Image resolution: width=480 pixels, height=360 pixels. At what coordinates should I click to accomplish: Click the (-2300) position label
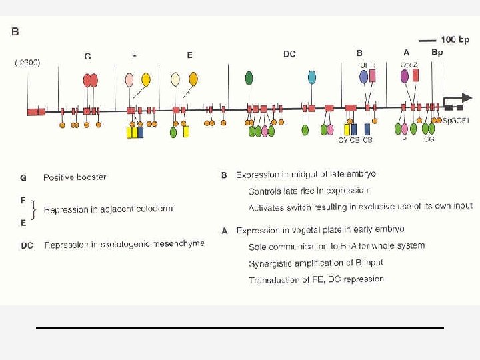(27, 63)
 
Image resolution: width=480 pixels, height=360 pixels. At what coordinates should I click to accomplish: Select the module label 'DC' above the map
(289, 54)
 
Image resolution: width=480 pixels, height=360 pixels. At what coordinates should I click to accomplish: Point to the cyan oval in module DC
(312, 77)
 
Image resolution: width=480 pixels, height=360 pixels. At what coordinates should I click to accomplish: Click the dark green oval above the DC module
(249, 78)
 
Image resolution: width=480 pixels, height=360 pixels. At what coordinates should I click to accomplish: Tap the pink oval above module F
(129, 80)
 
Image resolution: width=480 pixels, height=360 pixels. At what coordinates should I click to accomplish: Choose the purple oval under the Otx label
(405, 76)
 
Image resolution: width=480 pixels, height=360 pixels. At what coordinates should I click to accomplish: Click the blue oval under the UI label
(363, 77)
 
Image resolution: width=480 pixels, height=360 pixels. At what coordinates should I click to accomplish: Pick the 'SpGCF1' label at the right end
(457, 121)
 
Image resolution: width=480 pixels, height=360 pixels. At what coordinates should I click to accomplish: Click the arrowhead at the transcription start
(467, 97)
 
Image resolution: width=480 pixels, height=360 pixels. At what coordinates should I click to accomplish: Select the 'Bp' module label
(437, 51)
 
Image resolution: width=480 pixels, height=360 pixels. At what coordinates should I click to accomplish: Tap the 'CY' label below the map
(343, 141)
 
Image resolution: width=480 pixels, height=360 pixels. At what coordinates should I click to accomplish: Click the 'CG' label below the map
(429, 140)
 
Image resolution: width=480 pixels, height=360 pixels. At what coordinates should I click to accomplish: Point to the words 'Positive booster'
(75, 177)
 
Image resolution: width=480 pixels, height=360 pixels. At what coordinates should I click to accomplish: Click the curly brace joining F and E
(34, 210)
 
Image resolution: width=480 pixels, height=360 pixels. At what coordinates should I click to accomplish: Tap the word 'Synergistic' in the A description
(271, 263)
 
